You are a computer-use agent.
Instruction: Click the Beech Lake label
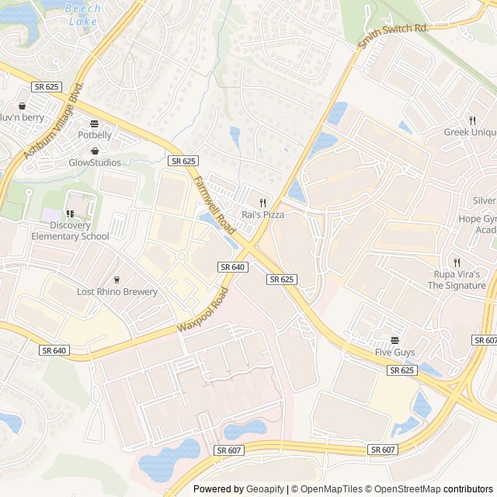82,15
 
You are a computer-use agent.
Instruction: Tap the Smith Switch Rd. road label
393,36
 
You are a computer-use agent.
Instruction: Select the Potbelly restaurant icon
95,123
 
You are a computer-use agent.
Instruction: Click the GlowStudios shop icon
95,151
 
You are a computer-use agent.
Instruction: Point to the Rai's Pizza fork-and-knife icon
263,202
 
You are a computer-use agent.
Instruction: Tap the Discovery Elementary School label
70,231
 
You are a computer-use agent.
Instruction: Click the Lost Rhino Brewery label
116,292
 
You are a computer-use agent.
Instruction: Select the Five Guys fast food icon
394,340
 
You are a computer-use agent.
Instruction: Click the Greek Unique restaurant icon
471,120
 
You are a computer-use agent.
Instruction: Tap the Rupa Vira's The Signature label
460,280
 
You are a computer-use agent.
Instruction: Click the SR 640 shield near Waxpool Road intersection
232,266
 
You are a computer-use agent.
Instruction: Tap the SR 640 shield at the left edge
54,350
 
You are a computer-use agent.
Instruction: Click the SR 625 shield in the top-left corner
46,88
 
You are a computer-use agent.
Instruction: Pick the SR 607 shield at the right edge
484,341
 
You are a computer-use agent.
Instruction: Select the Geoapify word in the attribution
266,489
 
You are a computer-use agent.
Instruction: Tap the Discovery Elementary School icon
70,214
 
